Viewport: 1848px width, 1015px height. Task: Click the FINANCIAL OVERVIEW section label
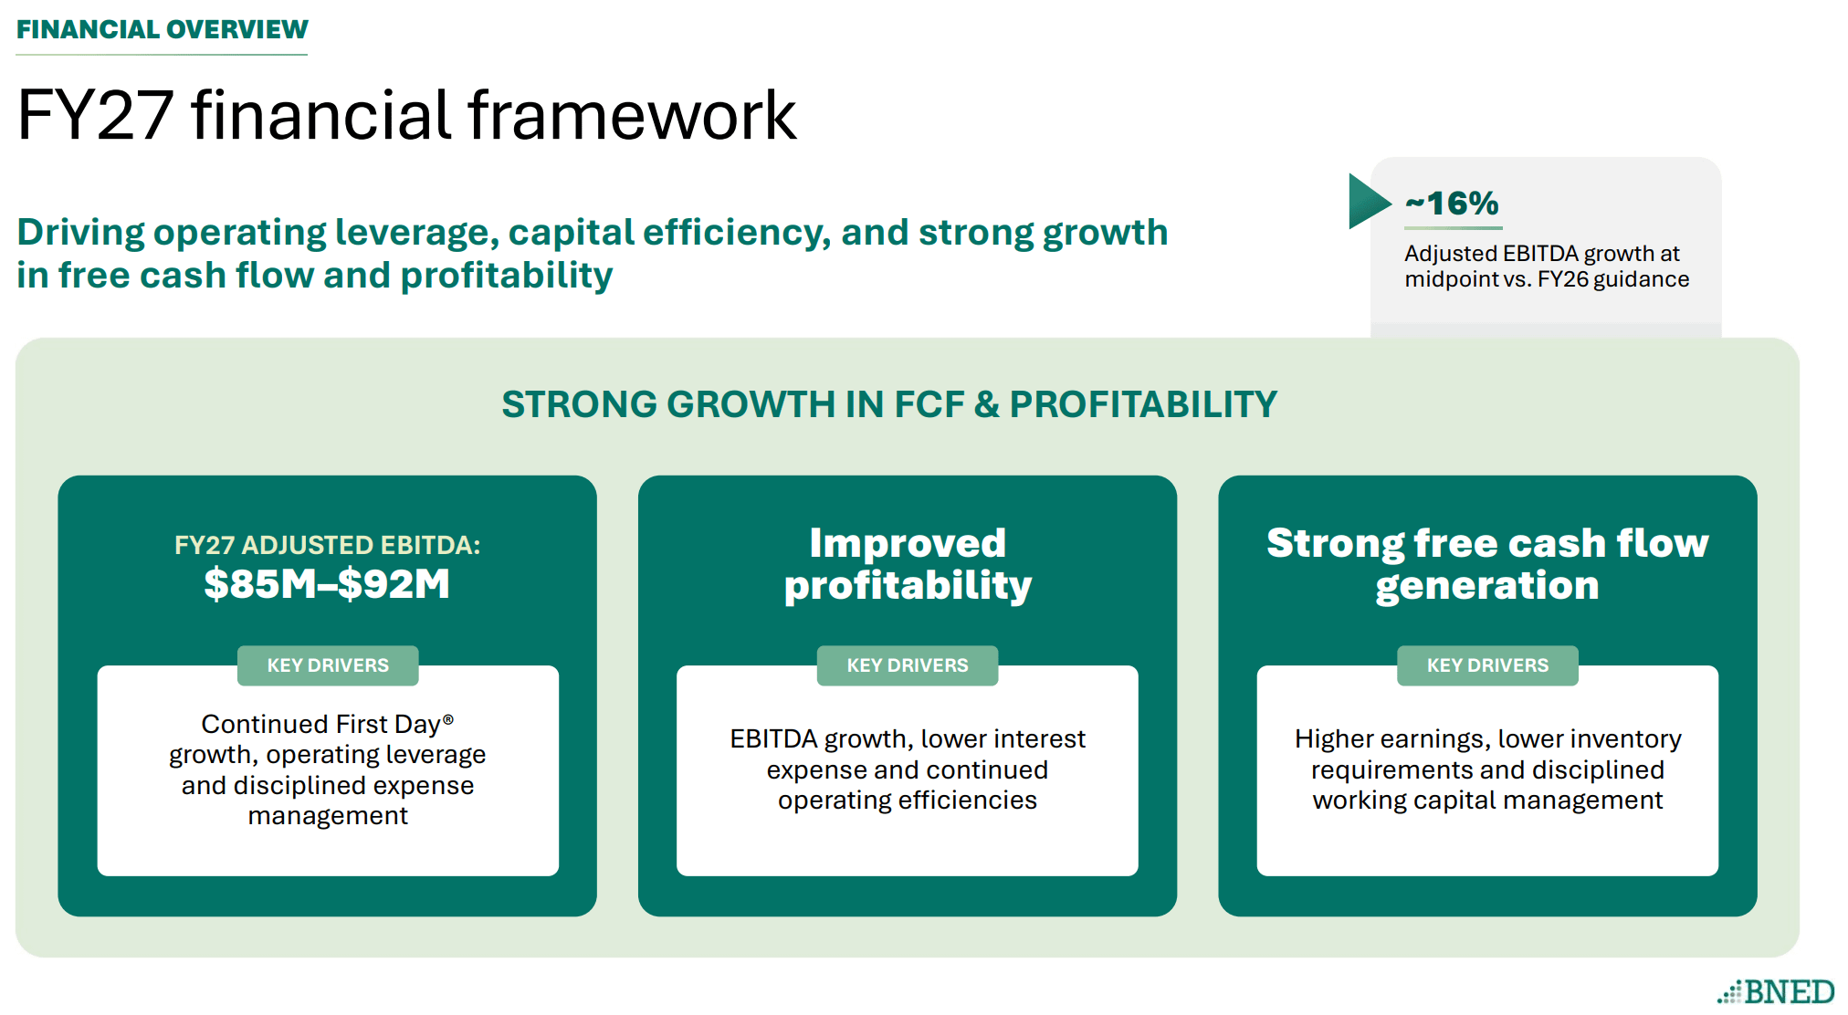(x=163, y=29)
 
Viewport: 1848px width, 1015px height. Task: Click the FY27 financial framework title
(x=406, y=116)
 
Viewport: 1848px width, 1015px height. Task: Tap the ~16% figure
(x=1452, y=203)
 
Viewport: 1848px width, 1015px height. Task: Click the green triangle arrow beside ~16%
(x=1370, y=201)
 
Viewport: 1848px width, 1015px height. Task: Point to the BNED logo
(x=1776, y=991)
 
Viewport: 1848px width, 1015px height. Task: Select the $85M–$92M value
(x=327, y=584)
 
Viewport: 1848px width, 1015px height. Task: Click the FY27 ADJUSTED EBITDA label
(x=327, y=545)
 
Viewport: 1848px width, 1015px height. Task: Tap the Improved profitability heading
(x=908, y=564)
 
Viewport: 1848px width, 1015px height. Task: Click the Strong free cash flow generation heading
(x=1487, y=564)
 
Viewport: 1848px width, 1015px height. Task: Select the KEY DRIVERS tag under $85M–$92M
(x=328, y=665)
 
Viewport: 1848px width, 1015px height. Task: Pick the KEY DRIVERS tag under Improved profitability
(x=908, y=665)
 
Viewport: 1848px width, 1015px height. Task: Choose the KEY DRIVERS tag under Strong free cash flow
(x=1487, y=665)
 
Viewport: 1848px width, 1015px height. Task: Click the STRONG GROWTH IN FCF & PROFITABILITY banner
(x=889, y=404)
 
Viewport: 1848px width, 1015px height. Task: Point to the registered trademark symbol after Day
(x=448, y=719)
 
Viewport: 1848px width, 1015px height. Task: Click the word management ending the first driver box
(x=328, y=816)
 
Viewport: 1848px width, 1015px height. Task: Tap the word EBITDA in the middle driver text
(x=773, y=738)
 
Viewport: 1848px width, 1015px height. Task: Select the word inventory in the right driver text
(x=1626, y=739)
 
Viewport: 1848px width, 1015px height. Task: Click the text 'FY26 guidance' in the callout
(x=1613, y=279)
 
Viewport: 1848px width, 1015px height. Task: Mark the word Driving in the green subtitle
(x=81, y=234)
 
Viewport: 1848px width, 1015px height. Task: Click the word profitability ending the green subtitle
(x=507, y=276)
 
